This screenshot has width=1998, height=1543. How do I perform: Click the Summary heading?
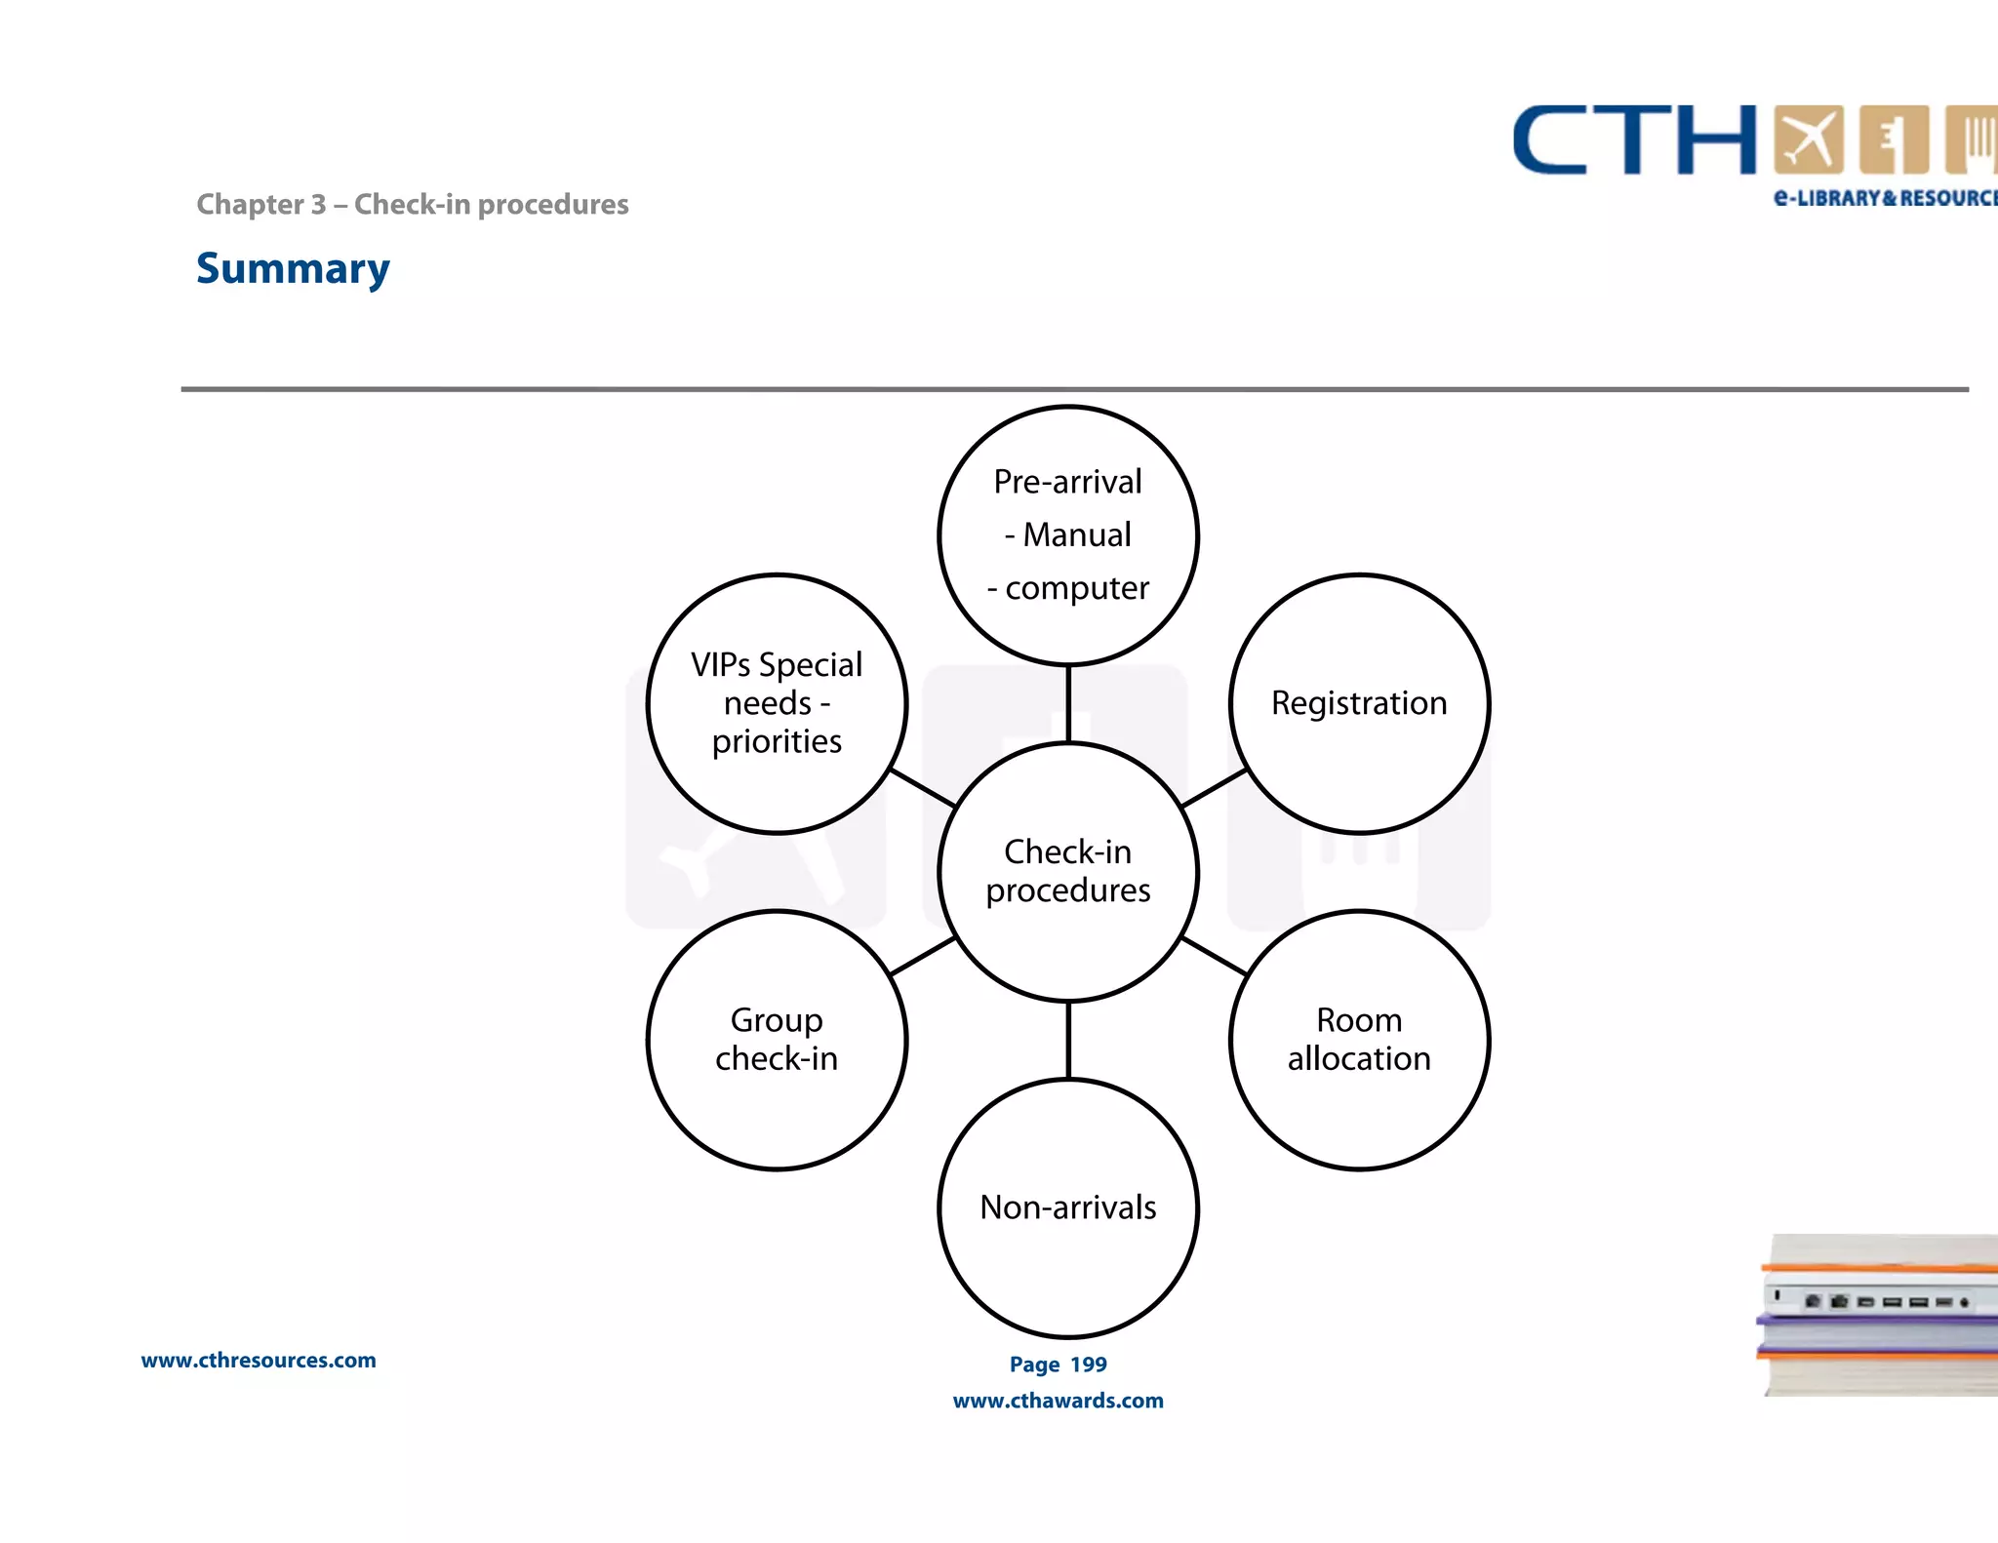click(293, 268)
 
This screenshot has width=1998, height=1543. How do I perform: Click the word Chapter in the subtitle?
click(250, 204)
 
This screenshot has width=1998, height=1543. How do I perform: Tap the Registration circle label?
click(1358, 703)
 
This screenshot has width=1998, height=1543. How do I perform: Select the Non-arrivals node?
click(1067, 1207)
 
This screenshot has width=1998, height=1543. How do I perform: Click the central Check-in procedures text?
click(1067, 871)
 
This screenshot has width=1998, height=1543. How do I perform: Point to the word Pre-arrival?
click(1067, 482)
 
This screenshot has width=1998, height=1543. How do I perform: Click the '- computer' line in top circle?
click(1067, 588)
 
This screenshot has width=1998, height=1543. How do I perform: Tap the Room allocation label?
click(1358, 1040)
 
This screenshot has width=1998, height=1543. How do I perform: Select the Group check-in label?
click(777, 1040)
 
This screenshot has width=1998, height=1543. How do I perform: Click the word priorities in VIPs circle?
click(777, 741)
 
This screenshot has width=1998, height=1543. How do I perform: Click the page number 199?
click(1088, 1365)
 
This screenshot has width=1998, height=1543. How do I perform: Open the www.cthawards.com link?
click(1058, 1401)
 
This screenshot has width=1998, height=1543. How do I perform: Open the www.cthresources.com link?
click(259, 1361)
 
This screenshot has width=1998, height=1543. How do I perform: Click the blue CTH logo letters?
click(1634, 141)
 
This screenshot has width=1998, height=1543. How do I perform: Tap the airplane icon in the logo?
click(1808, 139)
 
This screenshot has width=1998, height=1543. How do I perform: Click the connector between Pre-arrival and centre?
click(1068, 704)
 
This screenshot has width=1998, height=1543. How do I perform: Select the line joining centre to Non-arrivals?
click(1068, 1040)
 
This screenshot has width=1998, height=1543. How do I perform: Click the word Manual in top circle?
click(1077, 535)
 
